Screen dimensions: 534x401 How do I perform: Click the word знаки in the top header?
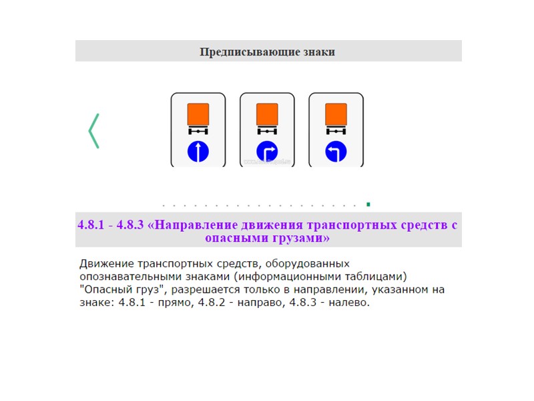[x=316, y=51]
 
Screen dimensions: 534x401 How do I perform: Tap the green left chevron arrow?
[x=93, y=131]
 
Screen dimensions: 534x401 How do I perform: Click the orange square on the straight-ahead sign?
[x=198, y=114]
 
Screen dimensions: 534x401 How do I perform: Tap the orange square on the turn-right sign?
[x=267, y=114]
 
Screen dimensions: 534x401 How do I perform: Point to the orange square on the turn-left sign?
[x=336, y=114]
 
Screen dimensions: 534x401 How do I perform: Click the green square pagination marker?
[x=368, y=204]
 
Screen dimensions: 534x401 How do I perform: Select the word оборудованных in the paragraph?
[x=303, y=263]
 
